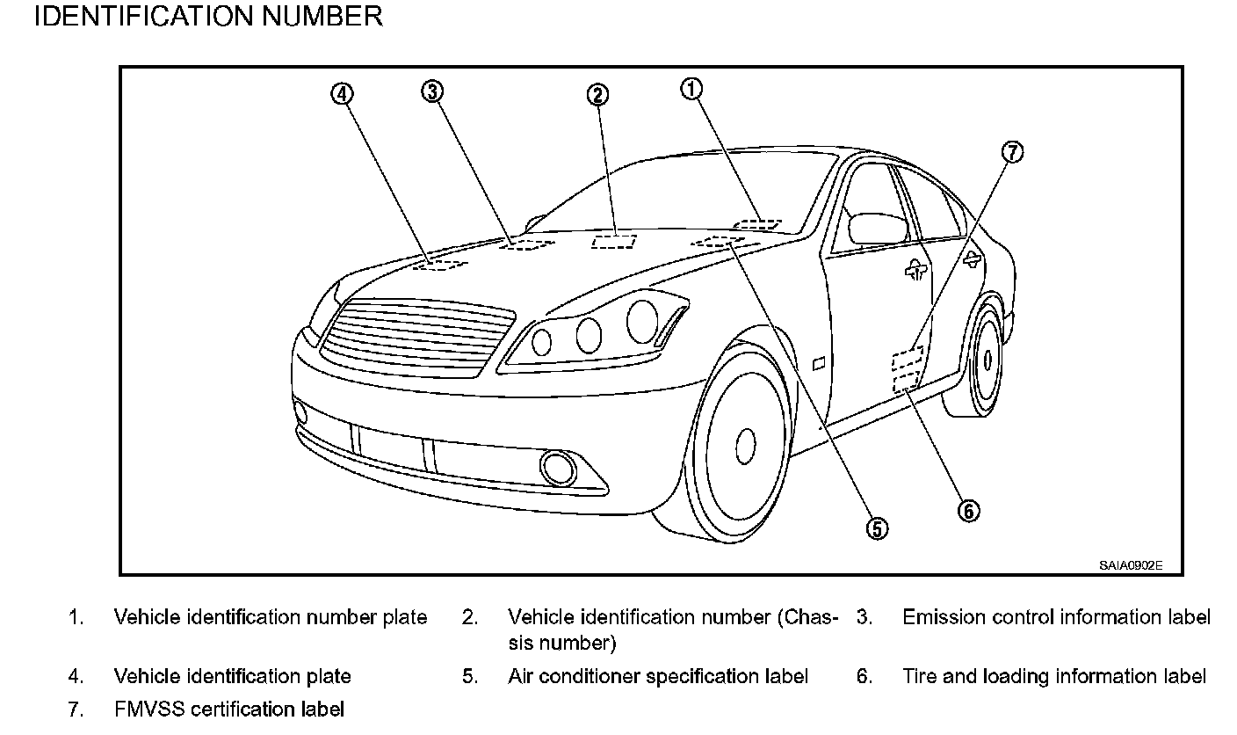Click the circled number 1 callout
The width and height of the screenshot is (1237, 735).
coord(692,89)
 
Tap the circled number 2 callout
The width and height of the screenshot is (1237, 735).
coord(597,95)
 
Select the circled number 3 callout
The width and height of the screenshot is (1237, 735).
coord(431,91)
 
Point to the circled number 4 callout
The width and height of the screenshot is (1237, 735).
coord(342,93)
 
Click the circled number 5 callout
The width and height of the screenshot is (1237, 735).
coord(876,528)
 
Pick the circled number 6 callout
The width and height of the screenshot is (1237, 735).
coord(968,511)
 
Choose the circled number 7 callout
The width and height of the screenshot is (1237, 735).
coord(1013,153)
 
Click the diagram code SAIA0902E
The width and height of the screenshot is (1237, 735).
coord(1130,566)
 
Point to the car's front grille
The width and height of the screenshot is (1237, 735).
coord(418,338)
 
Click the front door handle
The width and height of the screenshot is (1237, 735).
coord(915,271)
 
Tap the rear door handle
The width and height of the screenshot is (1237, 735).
coord(972,257)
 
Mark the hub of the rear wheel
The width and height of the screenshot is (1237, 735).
coord(987,360)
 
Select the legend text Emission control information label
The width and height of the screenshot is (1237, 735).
coord(1056,617)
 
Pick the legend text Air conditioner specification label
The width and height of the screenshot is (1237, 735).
coord(658,676)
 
